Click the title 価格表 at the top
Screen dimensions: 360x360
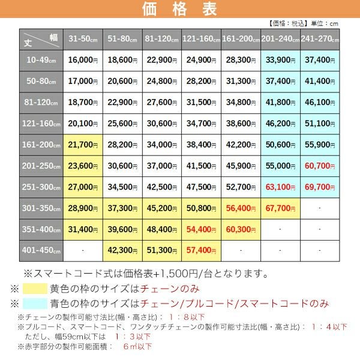tap(180, 10)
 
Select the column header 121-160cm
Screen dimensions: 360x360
tap(202, 39)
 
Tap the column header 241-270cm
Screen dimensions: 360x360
tap(320, 39)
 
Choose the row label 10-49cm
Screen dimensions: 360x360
tap(41, 60)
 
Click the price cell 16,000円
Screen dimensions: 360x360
tap(83, 60)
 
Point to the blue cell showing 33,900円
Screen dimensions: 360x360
tap(280, 60)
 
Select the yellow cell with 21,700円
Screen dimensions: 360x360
tap(83, 144)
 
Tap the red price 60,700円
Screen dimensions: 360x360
tap(320, 165)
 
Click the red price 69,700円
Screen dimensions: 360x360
tap(320, 187)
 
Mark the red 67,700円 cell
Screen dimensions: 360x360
tap(280, 208)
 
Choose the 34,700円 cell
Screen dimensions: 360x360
tap(202, 123)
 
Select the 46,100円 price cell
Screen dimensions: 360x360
tap(320, 102)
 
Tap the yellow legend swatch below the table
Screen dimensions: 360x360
tap(43, 289)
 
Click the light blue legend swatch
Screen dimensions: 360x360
tap(43, 304)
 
